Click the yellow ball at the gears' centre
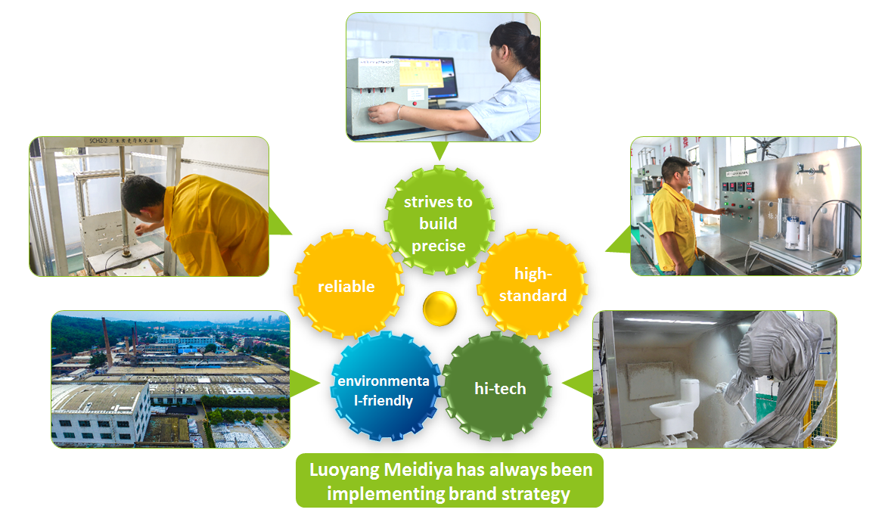pyautogui.click(x=440, y=308)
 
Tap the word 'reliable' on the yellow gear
pyautogui.click(x=346, y=286)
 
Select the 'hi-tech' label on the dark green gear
pyautogui.click(x=500, y=388)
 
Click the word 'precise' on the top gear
pyautogui.click(x=438, y=246)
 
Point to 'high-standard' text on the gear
pyautogui.click(x=533, y=284)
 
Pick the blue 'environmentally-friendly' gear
pyautogui.click(x=384, y=387)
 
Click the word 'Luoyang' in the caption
pyautogui.click(x=343, y=471)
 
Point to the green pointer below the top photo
pyautogui.click(x=440, y=151)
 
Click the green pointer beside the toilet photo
pyautogui.click(x=578, y=384)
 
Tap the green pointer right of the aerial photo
pyautogui.click(x=305, y=384)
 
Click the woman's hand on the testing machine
pyautogui.click(x=384, y=113)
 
